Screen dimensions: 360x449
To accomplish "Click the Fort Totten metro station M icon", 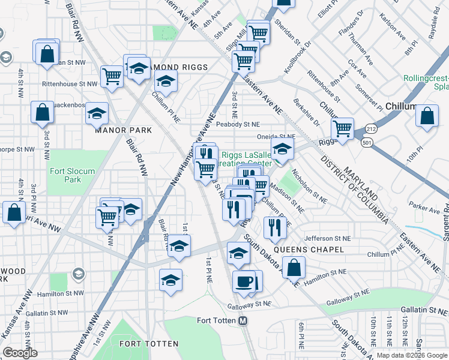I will tap(243, 321).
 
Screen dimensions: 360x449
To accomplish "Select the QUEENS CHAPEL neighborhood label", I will tap(309, 249).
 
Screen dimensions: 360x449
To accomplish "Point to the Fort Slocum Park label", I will tap(71, 175).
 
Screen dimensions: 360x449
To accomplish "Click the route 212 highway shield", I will tap(369, 128).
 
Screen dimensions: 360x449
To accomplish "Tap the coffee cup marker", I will tap(244, 282).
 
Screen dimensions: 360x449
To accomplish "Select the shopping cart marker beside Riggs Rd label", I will tap(342, 128).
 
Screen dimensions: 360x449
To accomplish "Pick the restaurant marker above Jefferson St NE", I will tap(275, 227).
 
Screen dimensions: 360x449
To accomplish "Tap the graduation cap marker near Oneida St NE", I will tap(282, 149).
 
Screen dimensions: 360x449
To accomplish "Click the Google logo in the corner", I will tap(20, 353).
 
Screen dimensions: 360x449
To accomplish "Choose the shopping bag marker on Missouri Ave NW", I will tap(14, 212).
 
